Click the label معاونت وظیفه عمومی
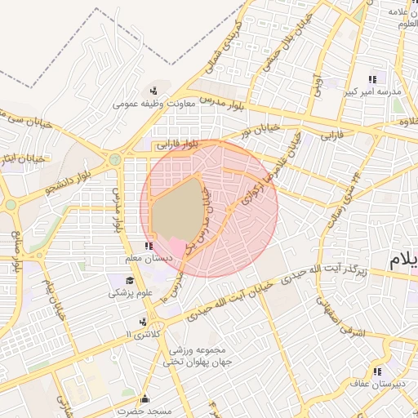click(153, 104)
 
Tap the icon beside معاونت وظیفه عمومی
click(154, 90)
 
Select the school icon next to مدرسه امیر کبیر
click(371, 79)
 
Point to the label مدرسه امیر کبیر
click(371, 92)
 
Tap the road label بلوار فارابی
click(180, 145)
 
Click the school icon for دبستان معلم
click(148, 246)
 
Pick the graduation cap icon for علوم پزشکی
click(129, 281)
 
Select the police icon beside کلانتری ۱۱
click(144, 322)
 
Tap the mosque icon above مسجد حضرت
click(145, 399)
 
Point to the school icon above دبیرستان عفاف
click(377, 371)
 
